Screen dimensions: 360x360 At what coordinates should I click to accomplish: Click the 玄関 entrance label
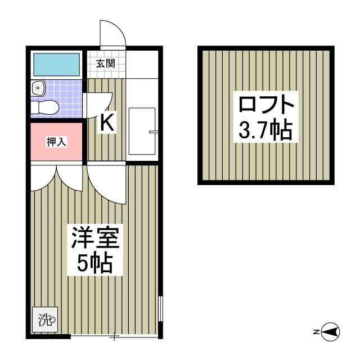pos(105,63)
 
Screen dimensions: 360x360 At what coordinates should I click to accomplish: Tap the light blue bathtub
pos(56,65)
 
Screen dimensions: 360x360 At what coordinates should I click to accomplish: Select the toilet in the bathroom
pos(45,106)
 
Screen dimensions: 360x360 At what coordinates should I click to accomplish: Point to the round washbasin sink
pos(38,88)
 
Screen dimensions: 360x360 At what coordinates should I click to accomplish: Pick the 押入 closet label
pos(56,142)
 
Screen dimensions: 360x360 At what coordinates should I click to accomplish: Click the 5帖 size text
pos(94,263)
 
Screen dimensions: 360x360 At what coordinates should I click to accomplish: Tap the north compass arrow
pos(332,332)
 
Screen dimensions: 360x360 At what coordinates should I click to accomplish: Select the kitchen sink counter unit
pos(142,130)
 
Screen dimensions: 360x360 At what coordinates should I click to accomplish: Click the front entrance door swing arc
pos(112,35)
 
